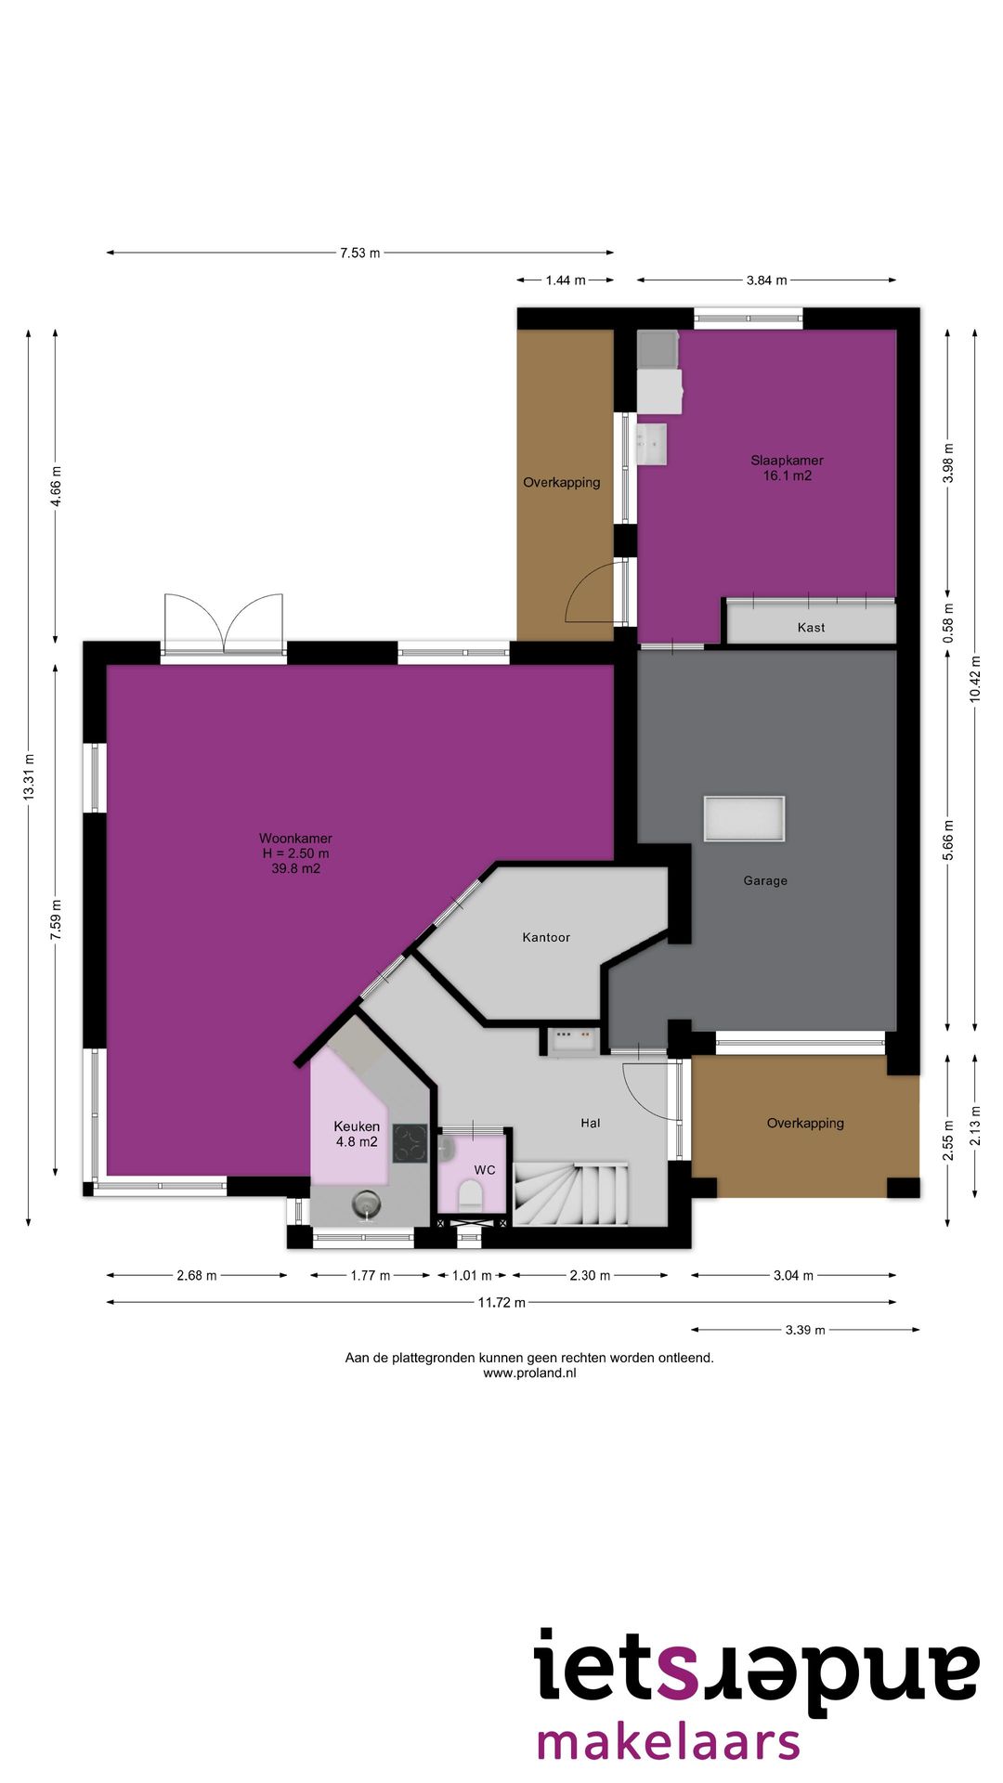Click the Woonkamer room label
click(x=295, y=853)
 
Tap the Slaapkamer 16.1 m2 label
click(x=787, y=468)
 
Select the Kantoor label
click(x=546, y=937)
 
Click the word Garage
click(x=765, y=880)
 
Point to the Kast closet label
click(x=811, y=628)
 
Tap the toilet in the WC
click(x=471, y=1194)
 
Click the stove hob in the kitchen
click(x=410, y=1143)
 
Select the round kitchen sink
click(x=367, y=1205)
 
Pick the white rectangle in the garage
click(x=744, y=819)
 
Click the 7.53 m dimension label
click(x=360, y=253)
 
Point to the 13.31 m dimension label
click(x=29, y=777)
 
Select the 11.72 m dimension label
click(x=501, y=1302)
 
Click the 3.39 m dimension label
click(x=805, y=1330)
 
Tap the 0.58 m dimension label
click(x=948, y=623)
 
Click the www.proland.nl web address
click(x=529, y=1373)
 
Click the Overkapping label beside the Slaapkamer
click(x=562, y=482)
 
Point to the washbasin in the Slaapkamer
click(x=651, y=443)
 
